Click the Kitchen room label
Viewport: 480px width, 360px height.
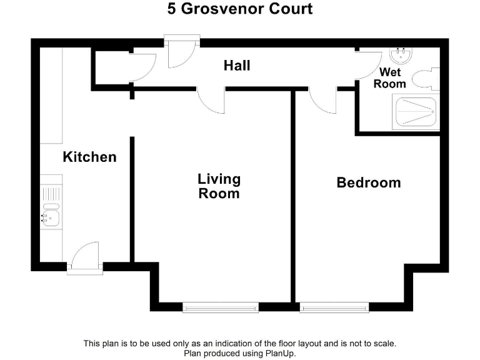89,157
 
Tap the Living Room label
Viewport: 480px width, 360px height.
219,186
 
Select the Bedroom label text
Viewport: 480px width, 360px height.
369,182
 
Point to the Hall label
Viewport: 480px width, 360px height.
237,65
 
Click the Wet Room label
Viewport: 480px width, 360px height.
390,78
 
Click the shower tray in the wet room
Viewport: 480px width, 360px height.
415,112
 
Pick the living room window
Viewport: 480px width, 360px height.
221,307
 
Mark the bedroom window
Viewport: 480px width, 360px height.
334,307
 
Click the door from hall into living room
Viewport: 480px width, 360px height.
211,100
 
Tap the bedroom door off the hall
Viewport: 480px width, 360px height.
322,100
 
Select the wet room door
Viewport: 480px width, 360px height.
366,64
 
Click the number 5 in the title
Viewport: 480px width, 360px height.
171,9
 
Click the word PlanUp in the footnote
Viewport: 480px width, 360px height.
279,353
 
